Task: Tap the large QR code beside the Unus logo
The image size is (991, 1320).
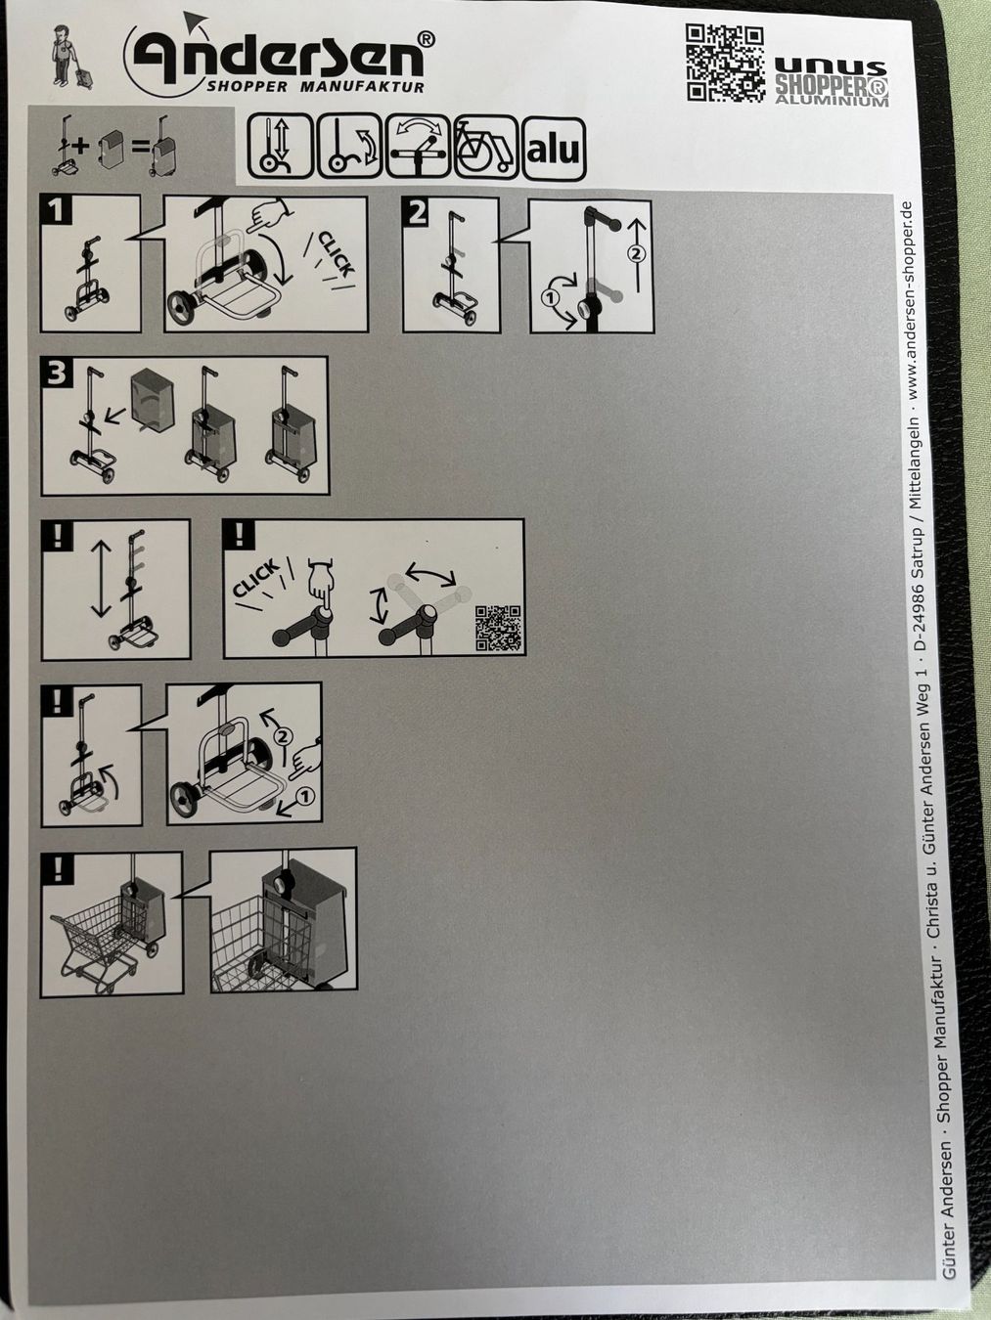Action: (725, 63)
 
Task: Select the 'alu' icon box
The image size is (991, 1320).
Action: (554, 149)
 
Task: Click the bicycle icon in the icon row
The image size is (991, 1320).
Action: (485, 148)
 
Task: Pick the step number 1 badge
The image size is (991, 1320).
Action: (56, 210)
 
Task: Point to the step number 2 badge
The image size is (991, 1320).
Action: (418, 214)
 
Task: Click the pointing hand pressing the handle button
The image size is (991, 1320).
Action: (321, 589)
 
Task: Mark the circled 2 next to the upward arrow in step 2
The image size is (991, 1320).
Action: (637, 254)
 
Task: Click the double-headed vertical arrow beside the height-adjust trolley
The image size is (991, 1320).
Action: (101, 579)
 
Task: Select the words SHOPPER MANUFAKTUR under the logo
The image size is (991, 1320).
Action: (315, 87)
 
